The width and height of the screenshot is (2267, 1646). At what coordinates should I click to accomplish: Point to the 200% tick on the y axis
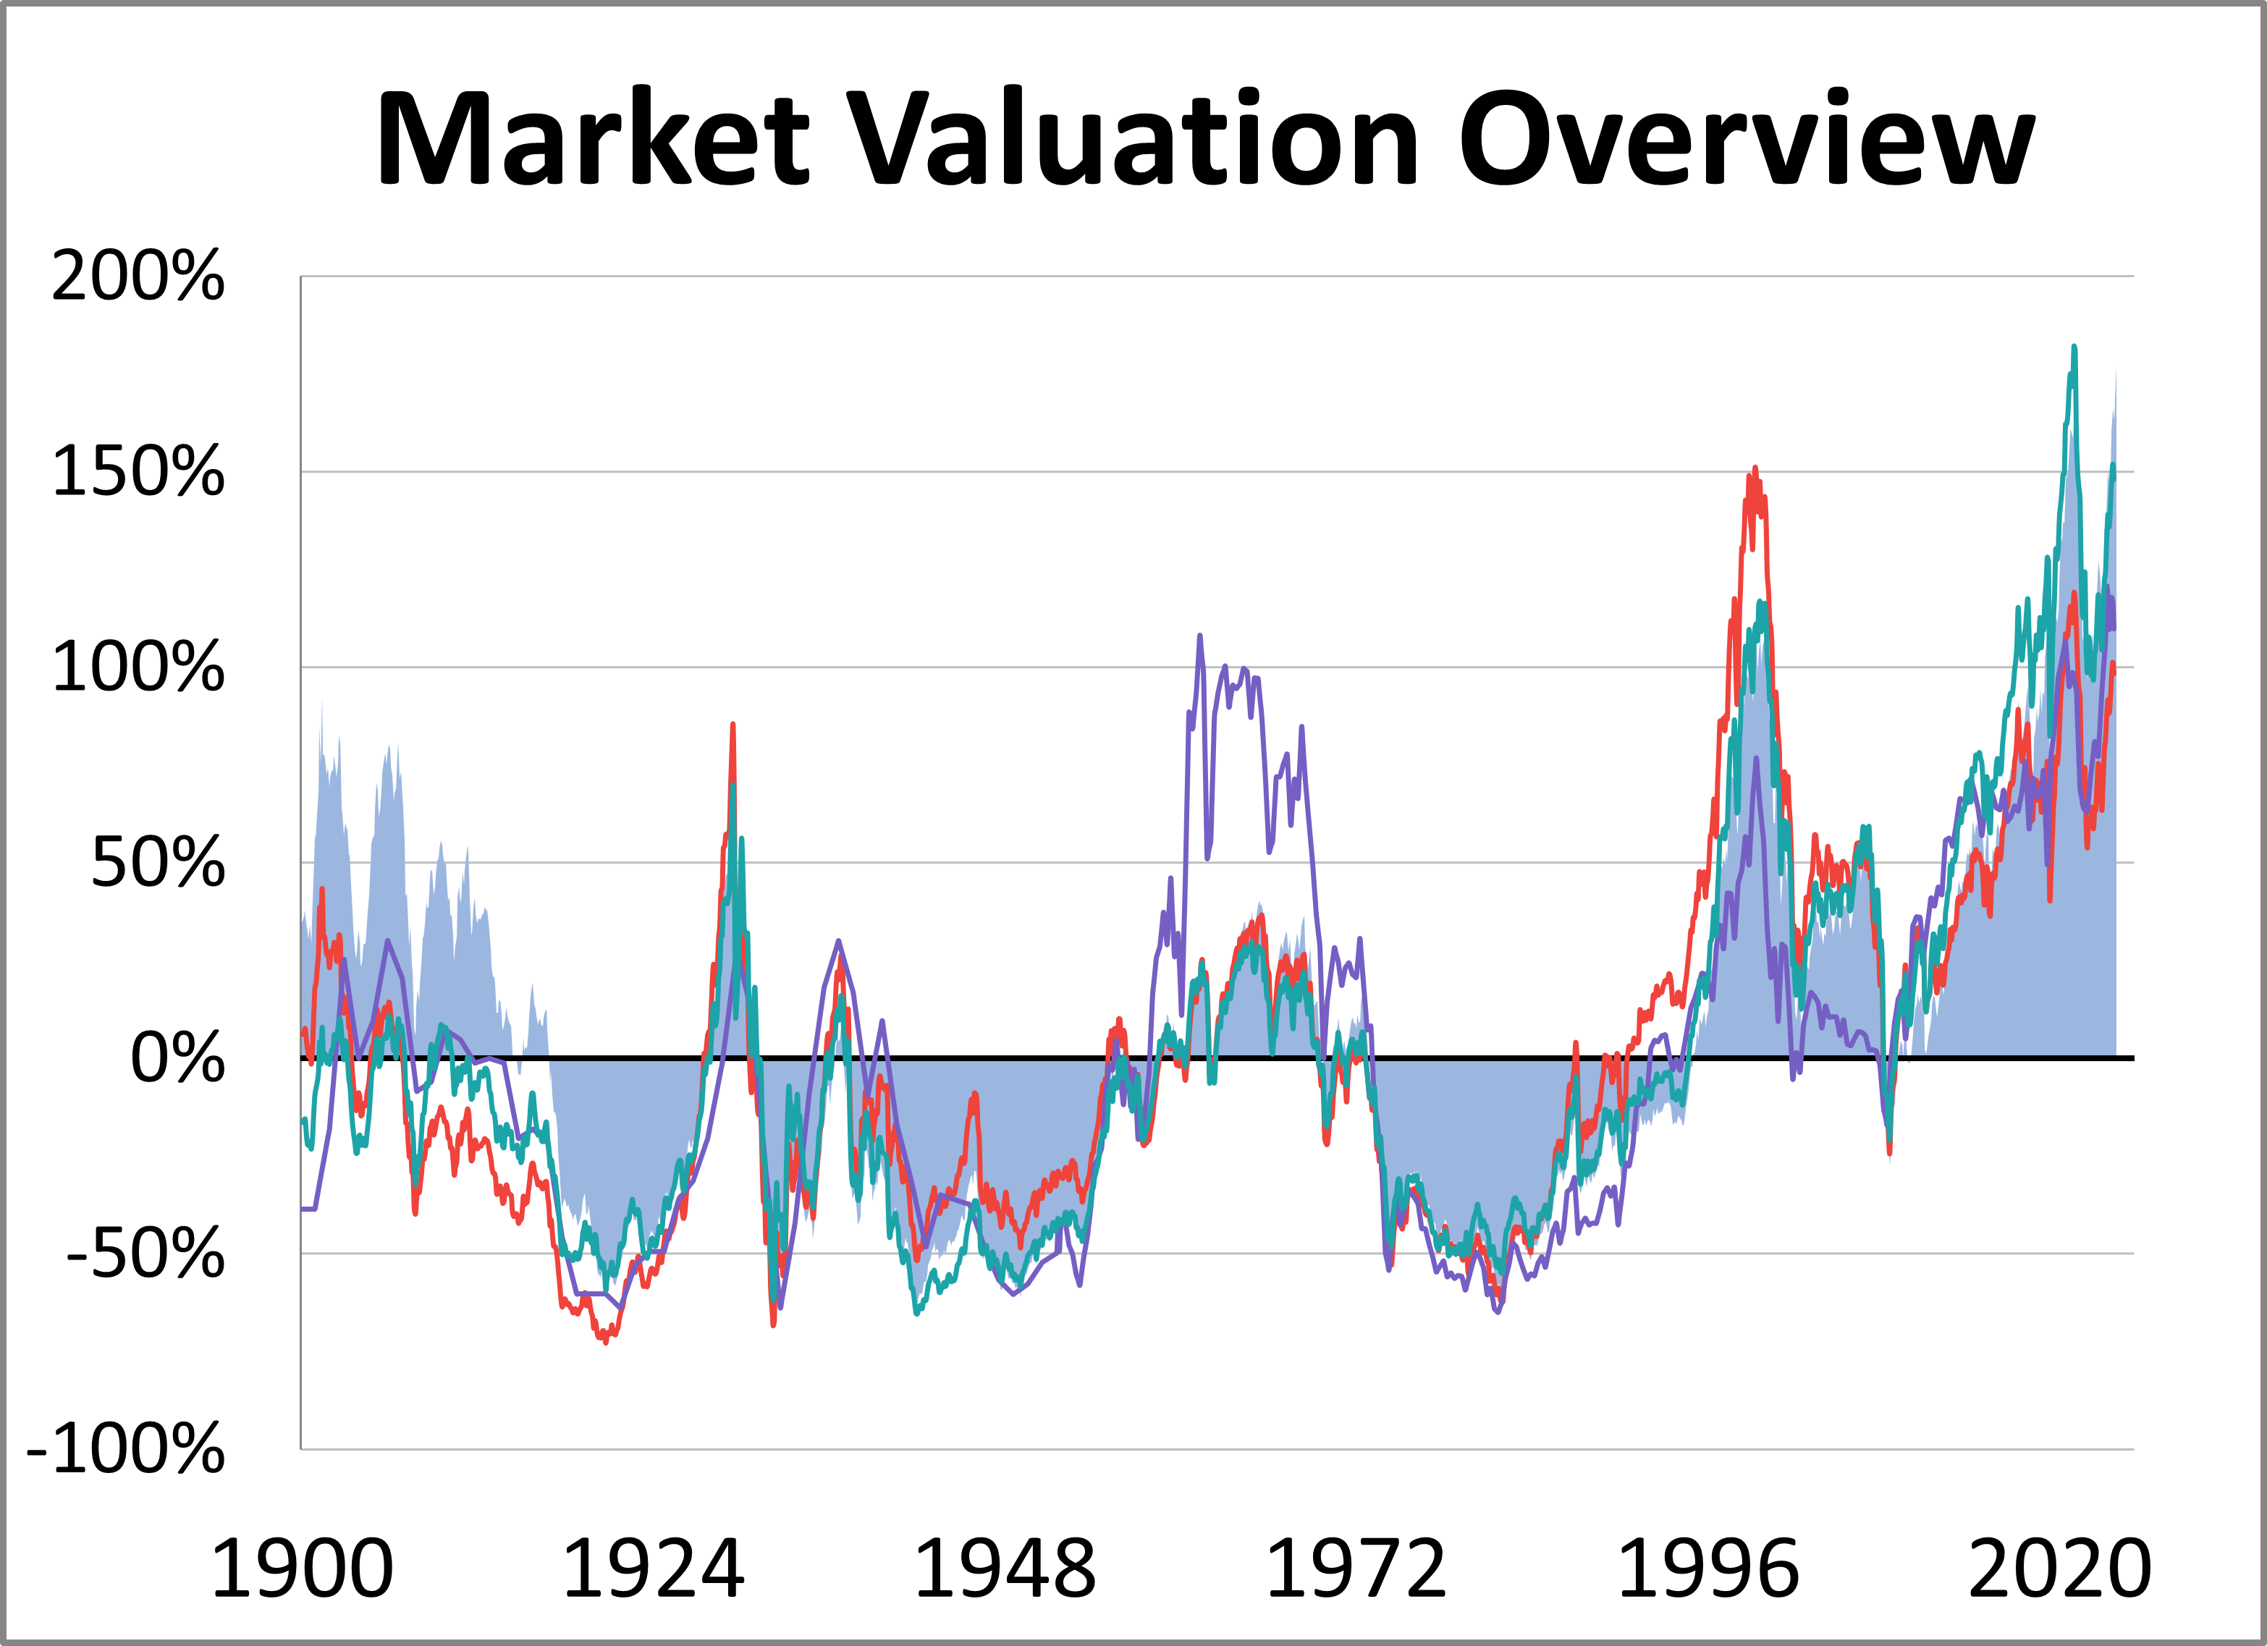pyautogui.click(x=138, y=276)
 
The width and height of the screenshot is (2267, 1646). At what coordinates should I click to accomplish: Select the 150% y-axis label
pyautogui.click(x=138, y=472)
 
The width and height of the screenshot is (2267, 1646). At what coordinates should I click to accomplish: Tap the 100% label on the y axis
pyautogui.click(x=138, y=667)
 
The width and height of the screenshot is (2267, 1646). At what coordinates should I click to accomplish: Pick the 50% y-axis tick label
pyautogui.click(x=157, y=864)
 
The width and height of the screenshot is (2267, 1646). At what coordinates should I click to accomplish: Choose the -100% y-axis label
pyautogui.click(x=126, y=1450)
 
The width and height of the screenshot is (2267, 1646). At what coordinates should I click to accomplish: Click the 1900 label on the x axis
pyautogui.click(x=302, y=1570)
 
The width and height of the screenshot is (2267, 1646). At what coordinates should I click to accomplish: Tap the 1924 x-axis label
pyautogui.click(x=653, y=1570)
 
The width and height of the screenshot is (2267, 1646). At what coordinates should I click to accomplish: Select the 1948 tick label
pyautogui.click(x=1005, y=1570)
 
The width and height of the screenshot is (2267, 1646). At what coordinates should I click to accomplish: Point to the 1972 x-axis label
pyautogui.click(x=1356, y=1570)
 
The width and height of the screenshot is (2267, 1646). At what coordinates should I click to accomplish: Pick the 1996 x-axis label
pyautogui.click(x=1708, y=1570)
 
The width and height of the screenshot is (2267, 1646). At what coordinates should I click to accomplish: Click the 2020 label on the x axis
pyautogui.click(x=2059, y=1570)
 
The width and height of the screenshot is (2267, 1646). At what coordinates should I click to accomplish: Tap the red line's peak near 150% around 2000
pyautogui.click(x=1755, y=469)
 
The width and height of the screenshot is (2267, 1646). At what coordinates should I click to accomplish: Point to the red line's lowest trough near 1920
pyautogui.click(x=606, y=1342)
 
